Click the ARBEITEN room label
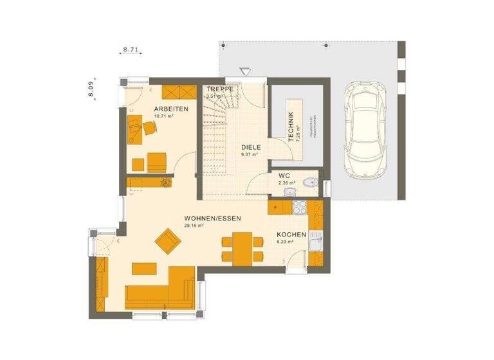(170, 109)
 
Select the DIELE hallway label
(250, 147)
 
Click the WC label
(284, 175)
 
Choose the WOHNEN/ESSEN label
(212, 219)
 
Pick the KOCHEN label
(291, 235)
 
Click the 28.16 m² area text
(194, 226)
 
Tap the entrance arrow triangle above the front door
(244, 71)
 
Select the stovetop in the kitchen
(300, 207)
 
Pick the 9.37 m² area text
(249, 154)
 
